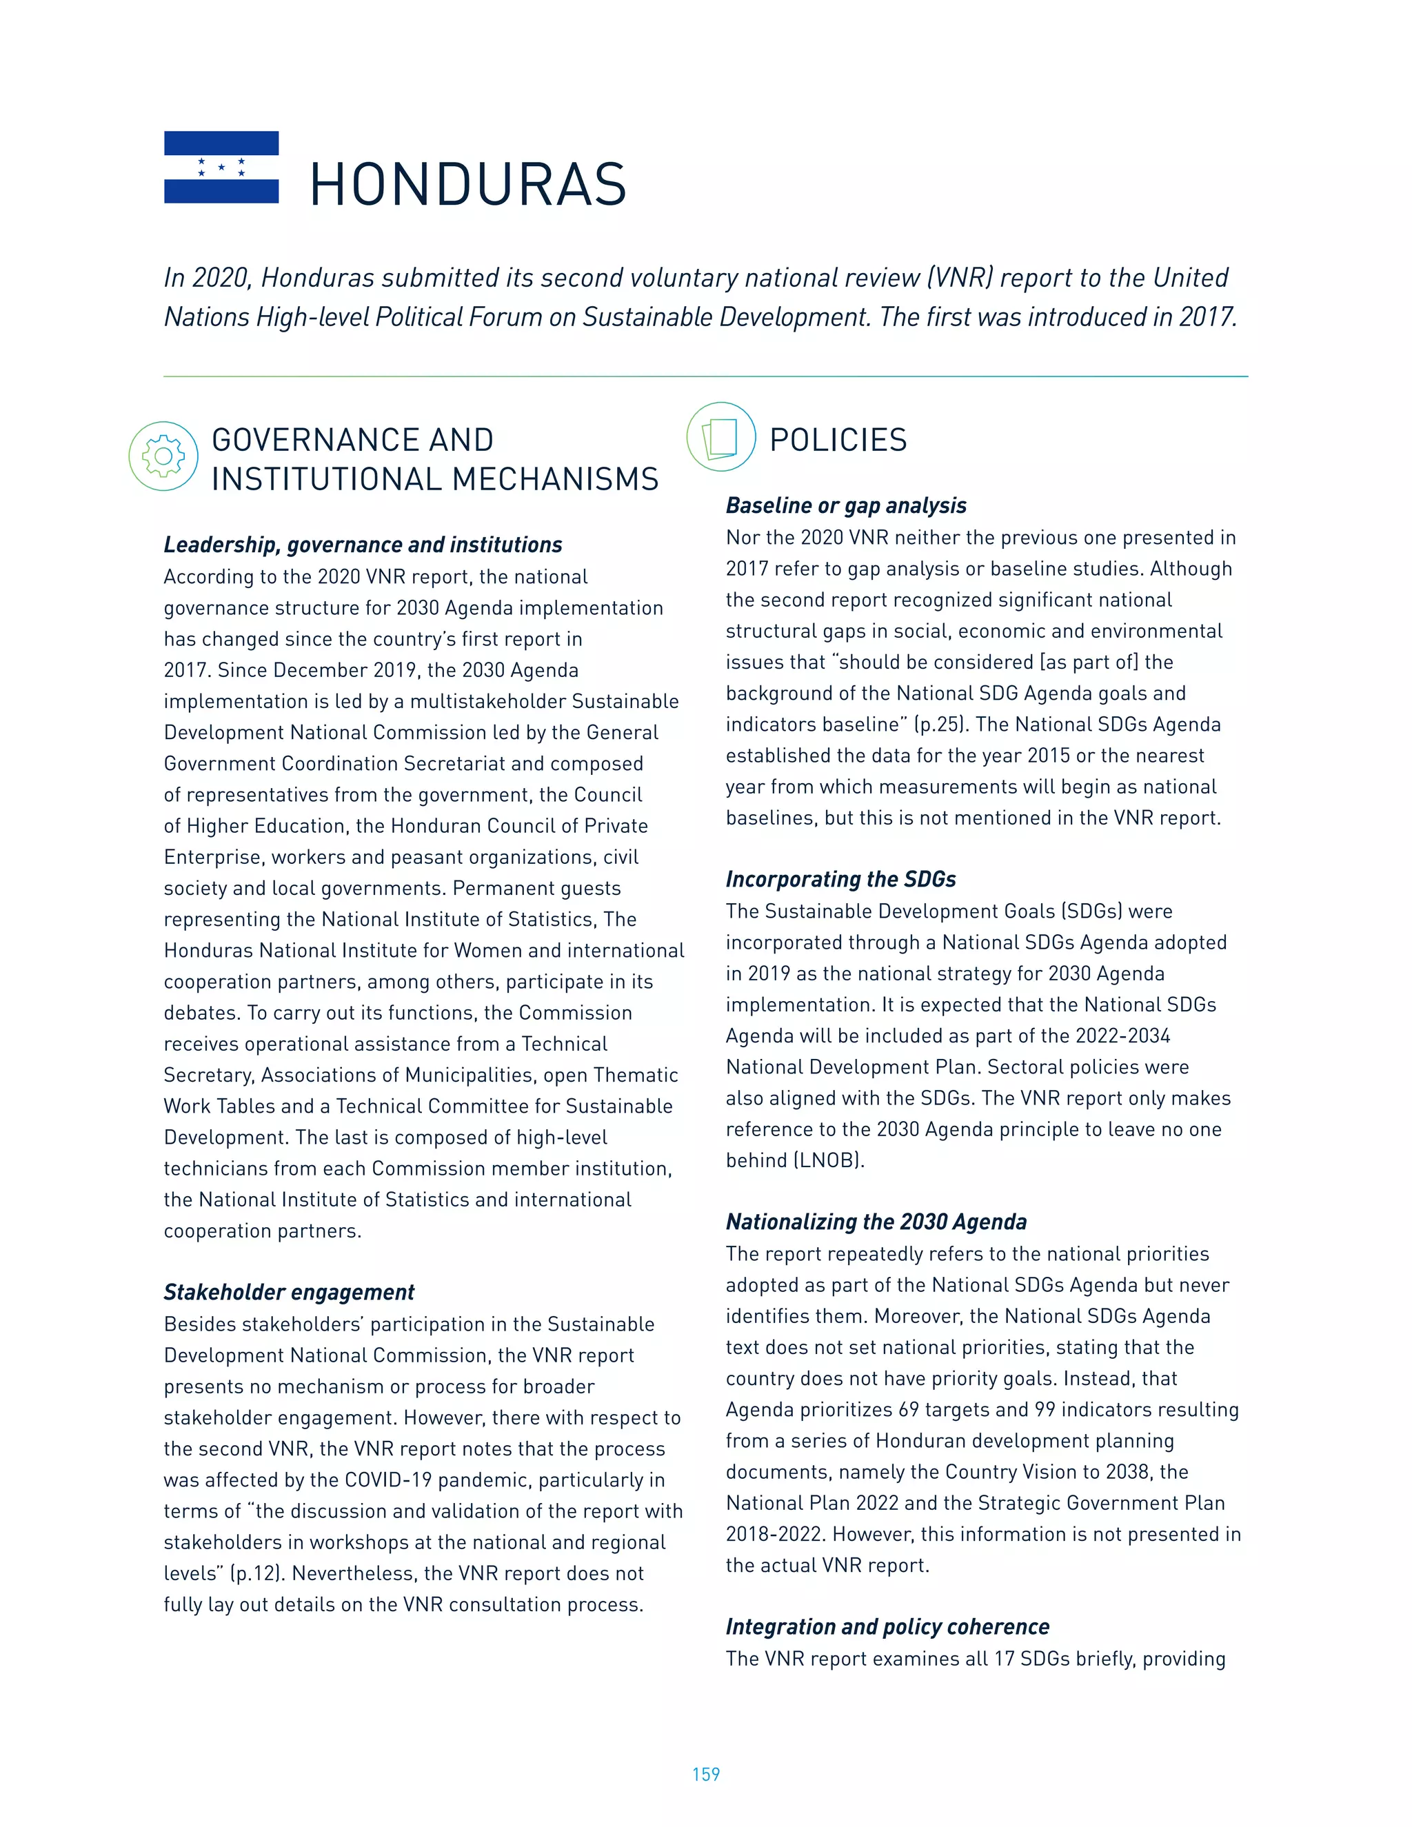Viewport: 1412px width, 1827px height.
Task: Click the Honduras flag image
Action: coord(221,168)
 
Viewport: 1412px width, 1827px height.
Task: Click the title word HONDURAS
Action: coord(467,185)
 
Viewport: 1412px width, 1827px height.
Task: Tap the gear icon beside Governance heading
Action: coord(163,456)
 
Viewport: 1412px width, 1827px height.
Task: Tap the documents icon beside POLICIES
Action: coord(721,438)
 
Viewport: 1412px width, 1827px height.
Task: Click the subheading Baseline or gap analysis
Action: coord(846,505)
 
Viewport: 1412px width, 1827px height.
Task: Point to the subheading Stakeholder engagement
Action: coord(289,1293)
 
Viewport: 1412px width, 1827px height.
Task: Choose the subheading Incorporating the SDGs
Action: coord(840,879)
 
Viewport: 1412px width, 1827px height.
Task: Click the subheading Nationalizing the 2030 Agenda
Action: coord(876,1222)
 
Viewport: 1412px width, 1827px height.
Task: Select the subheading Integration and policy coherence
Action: coord(887,1626)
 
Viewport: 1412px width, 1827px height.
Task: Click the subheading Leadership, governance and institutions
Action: coord(362,545)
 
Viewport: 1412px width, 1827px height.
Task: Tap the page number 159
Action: coord(705,1775)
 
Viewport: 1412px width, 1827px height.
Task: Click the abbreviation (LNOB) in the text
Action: coord(828,1161)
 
